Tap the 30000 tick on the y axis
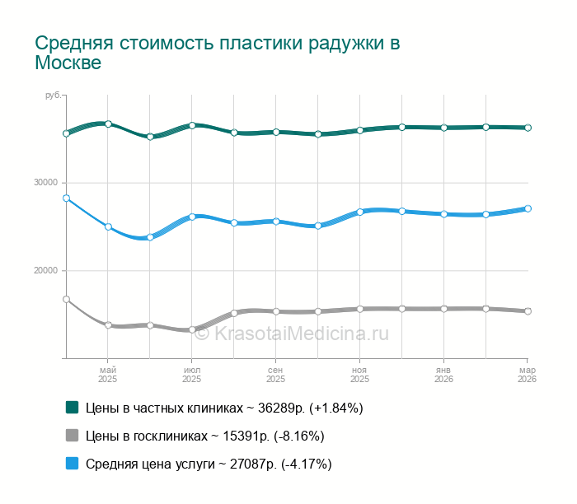(x=49, y=183)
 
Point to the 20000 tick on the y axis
(x=49, y=271)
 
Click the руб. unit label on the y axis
(x=53, y=96)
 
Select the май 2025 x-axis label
(x=108, y=375)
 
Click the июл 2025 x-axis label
(x=192, y=375)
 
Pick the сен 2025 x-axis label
(x=276, y=375)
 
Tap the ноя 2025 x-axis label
(x=359, y=375)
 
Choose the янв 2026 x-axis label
(x=443, y=375)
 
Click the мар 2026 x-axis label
(x=527, y=375)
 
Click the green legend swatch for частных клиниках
(x=72, y=407)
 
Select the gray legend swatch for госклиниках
(x=72, y=435)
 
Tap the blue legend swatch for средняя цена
(x=72, y=463)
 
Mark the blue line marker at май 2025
(x=108, y=226)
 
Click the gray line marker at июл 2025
(x=192, y=329)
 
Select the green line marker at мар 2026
(x=528, y=128)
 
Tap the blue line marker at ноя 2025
(x=359, y=212)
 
